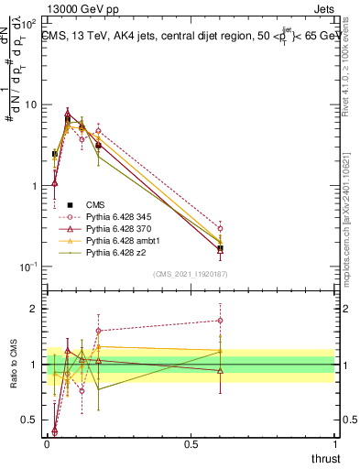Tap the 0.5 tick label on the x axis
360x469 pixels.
click(191, 443)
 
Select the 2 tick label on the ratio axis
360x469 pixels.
click(30, 309)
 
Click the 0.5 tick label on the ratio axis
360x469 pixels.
click(27, 420)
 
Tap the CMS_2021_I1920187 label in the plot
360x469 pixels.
click(190, 273)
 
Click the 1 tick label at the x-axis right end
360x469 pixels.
click(335, 443)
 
